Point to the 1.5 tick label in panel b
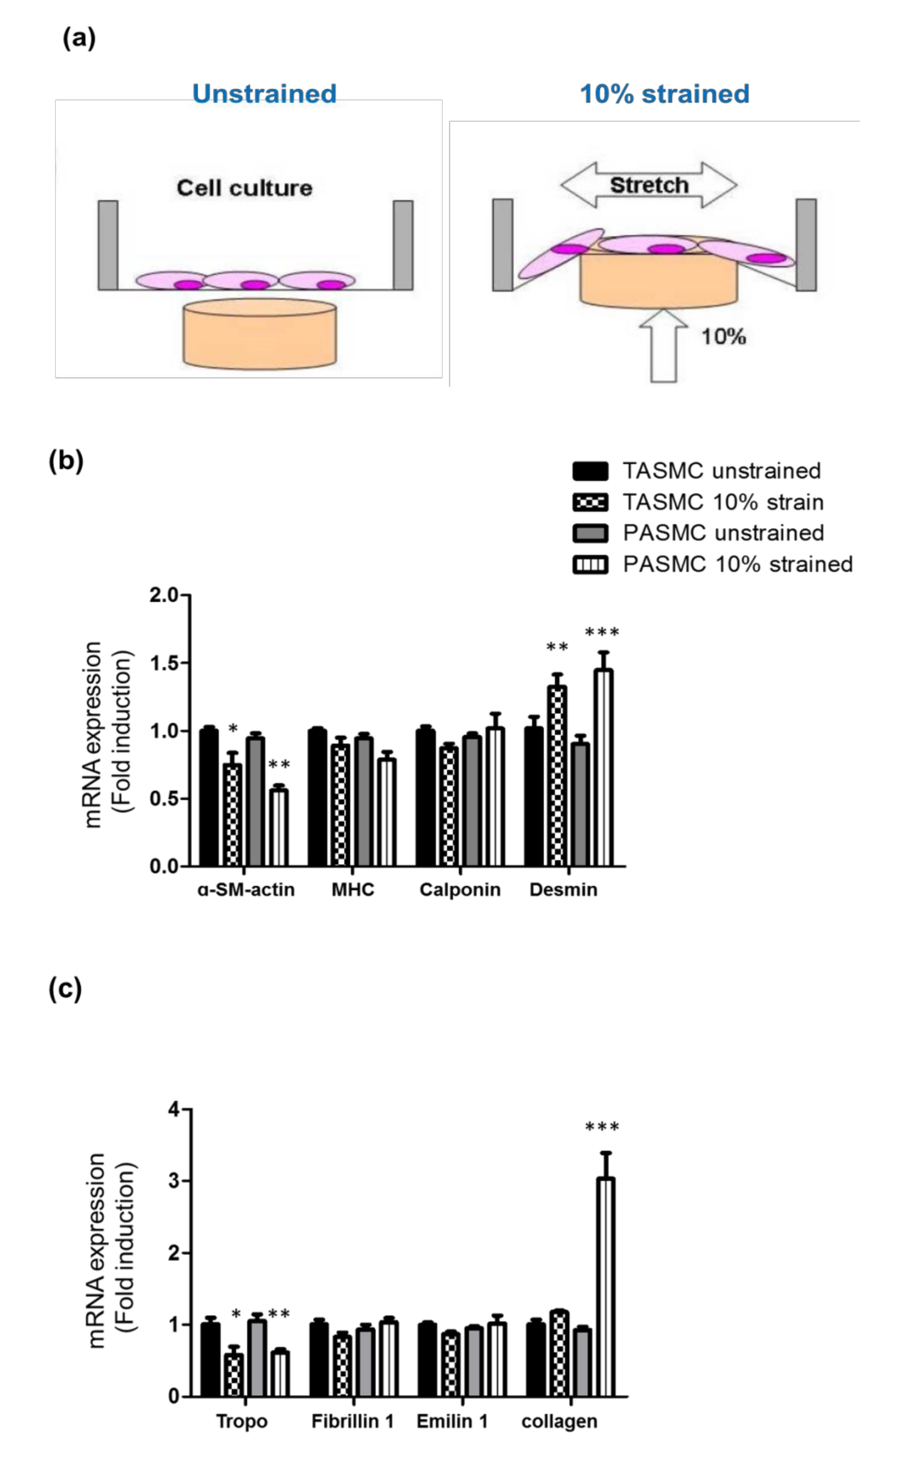point(164,663)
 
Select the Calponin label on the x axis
point(460,890)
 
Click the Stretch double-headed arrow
point(649,185)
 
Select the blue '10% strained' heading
point(664,94)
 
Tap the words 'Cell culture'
point(244,188)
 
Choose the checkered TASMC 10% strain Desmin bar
point(557,775)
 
